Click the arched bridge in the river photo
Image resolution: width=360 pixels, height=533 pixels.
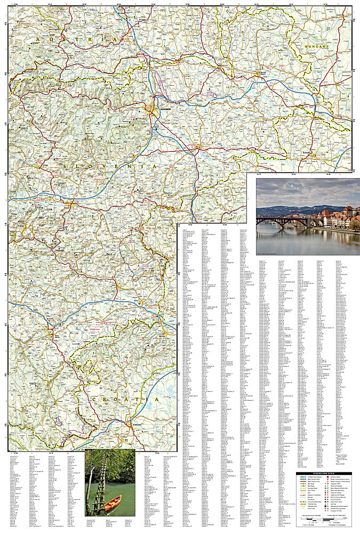click(283, 221)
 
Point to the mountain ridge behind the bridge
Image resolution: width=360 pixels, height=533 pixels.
click(299, 209)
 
